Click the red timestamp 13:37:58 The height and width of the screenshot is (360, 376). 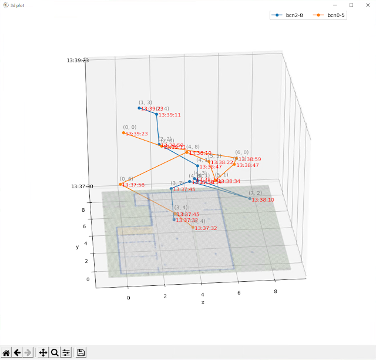[133, 185]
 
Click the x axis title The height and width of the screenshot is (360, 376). [203, 302]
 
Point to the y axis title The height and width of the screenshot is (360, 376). [77, 247]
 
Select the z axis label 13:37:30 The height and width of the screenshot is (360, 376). [79, 186]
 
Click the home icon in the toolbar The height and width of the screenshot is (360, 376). [6, 352]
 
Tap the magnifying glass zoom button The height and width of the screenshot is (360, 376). [55, 352]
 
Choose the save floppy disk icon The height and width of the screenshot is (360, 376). [81, 352]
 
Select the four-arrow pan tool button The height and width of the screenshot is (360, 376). [43, 352]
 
